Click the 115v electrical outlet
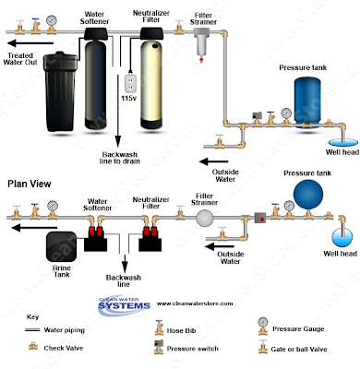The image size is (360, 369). tap(131, 83)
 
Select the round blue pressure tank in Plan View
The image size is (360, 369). tap(308, 195)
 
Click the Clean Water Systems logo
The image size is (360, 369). tap(124, 305)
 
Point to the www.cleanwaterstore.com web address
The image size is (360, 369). tap(195, 304)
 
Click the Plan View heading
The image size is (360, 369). tap(30, 184)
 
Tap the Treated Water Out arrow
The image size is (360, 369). tap(30, 43)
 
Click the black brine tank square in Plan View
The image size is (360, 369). tap(61, 246)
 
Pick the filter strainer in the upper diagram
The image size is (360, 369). tap(201, 43)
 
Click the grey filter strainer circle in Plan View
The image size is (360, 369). tap(205, 218)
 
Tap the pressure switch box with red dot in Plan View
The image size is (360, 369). tap(260, 218)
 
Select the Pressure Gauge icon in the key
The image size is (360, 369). tap(263, 326)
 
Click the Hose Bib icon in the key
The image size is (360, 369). tap(159, 327)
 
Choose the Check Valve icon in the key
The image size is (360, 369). tap(33, 347)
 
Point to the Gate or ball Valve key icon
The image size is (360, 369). tap(262, 347)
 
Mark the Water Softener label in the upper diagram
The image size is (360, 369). tap(94, 18)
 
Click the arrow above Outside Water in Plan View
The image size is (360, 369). tap(220, 246)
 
